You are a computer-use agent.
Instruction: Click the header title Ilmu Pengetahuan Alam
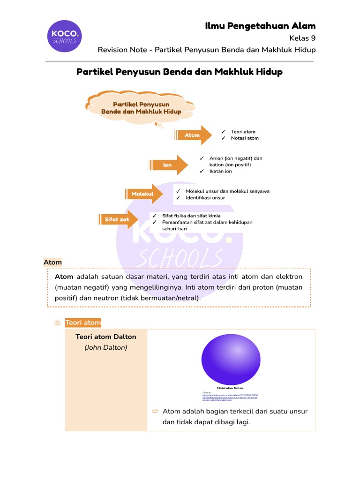pyautogui.click(x=260, y=26)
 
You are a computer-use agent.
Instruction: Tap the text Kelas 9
pyautogui.click(x=303, y=38)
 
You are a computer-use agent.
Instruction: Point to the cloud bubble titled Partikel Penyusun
pyautogui.click(x=141, y=108)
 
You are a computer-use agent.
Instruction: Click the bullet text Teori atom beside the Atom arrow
pyautogui.click(x=243, y=132)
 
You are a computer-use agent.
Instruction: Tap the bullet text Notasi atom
pyautogui.click(x=244, y=138)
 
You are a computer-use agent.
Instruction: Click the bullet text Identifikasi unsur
pyautogui.click(x=205, y=198)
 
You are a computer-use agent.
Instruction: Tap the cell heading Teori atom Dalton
pyautogui.click(x=106, y=337)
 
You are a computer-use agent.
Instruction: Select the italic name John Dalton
pyautogui.click(x=106, y=348)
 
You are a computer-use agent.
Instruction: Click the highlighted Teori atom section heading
pyautogui.click(x=83, y=322)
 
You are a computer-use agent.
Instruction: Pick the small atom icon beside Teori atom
pyautogui.click(x=58, y=322)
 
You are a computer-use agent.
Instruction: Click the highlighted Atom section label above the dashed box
pyautogui.click(x=52, y=262)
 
